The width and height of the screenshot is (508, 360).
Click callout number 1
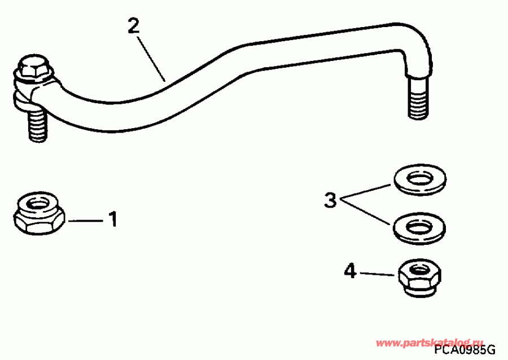click(x=113, y=218)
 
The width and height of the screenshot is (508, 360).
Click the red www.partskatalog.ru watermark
click(x=430, y=342)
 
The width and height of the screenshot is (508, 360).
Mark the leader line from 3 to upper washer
click(x=367, y=190)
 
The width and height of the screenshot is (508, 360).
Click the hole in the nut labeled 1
click(x=38, y=203)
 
